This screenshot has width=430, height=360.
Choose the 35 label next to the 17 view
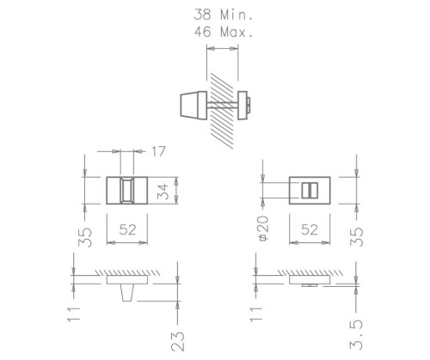[x=83, y=235]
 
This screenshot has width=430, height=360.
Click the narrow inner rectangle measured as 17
[x=127, y=190]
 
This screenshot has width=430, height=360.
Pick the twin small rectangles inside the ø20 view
[x=309, y=190]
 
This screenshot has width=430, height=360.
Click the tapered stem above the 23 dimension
[x=127, y=291]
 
